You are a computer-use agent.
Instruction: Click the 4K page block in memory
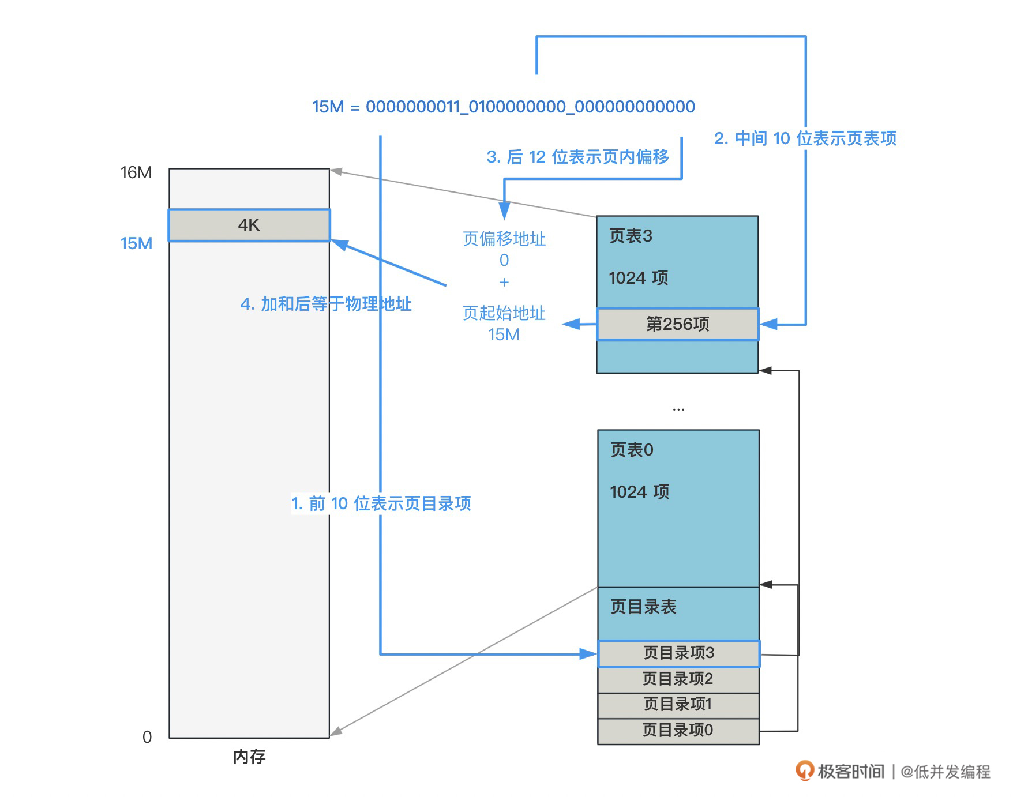[249, 225]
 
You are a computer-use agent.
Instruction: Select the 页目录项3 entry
[678, 653]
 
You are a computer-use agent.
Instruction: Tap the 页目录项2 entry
[678, 679]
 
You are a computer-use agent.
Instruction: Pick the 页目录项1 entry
[678, 704]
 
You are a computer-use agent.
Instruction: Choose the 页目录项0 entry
[678, 730]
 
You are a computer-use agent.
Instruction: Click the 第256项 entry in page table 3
[677, 324]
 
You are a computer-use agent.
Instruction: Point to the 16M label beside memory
[136, 172]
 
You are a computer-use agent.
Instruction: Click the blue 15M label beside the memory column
[136, 243]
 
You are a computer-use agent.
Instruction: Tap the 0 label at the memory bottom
[147, 737]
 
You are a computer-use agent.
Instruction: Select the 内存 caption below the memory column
[249, 757]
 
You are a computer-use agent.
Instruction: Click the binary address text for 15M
[503, 107]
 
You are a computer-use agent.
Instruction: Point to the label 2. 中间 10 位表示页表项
[805, 138]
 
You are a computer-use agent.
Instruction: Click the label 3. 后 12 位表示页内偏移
[577, 157]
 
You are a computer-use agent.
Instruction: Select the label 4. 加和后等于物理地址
[326, 304]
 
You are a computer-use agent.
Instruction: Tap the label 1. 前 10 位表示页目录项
[381, 503]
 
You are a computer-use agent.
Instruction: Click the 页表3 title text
[631, 236]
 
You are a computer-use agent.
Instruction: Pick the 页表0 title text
[632, 450]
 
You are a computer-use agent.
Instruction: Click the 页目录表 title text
[643, 607]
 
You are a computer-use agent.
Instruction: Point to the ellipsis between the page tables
[678, 409]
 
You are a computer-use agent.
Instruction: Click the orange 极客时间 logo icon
[804, 770]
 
